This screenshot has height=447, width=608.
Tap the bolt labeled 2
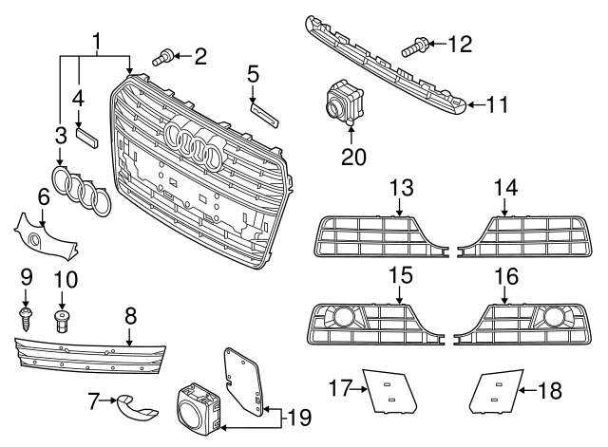tap(162, 59)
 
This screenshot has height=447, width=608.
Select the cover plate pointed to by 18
tap(492, 390)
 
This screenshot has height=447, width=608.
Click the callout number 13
tap(400, 187)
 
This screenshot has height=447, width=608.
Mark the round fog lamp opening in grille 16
tap(551, 316)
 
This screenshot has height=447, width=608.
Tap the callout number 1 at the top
tap(96, 41)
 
